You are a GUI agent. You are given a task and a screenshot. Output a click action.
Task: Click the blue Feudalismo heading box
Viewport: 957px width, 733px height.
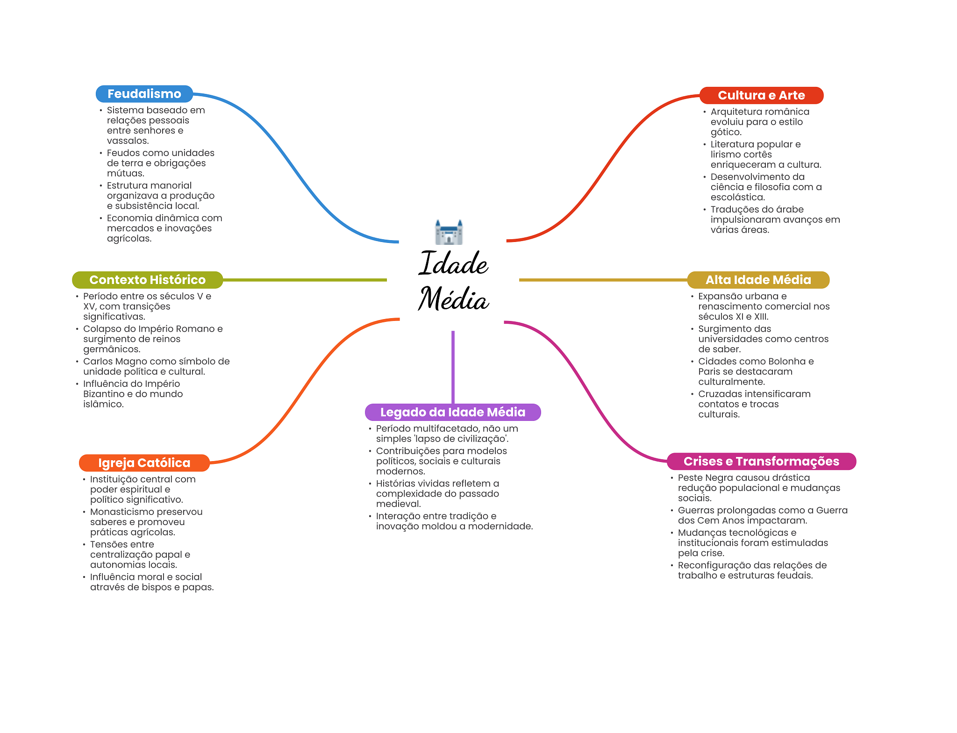tap(144, 94)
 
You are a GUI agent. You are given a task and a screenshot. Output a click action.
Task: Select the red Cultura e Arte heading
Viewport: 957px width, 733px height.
tap(761, 95)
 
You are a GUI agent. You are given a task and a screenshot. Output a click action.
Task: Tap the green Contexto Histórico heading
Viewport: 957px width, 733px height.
tap(147, 280)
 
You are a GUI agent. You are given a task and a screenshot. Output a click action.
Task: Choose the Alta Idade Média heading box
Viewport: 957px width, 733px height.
tap(758, 280)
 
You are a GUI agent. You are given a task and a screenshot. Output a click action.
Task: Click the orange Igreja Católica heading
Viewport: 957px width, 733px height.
tap(144, 463)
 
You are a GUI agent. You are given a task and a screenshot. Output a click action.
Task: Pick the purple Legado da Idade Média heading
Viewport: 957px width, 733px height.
tap(452, 412)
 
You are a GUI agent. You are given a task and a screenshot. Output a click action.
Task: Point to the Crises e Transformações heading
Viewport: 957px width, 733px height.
tap(761, 462)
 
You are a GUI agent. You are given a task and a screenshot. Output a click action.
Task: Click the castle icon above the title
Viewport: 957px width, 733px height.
tap(449, 232)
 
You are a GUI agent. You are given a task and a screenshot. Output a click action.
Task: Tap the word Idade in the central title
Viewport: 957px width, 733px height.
tap(453, 264)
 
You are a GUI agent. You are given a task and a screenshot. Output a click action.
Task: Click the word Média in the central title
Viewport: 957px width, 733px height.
tap(453, 299)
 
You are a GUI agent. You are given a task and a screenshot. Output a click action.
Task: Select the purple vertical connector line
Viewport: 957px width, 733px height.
tap(453, 367)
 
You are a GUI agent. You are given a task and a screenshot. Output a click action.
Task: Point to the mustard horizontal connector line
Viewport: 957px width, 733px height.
tap(603, 280)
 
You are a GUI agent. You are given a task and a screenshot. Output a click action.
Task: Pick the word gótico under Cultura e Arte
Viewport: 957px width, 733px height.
tap(725, 132)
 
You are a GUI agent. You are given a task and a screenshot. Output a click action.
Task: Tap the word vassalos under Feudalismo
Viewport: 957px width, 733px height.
tap(127, 141)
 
